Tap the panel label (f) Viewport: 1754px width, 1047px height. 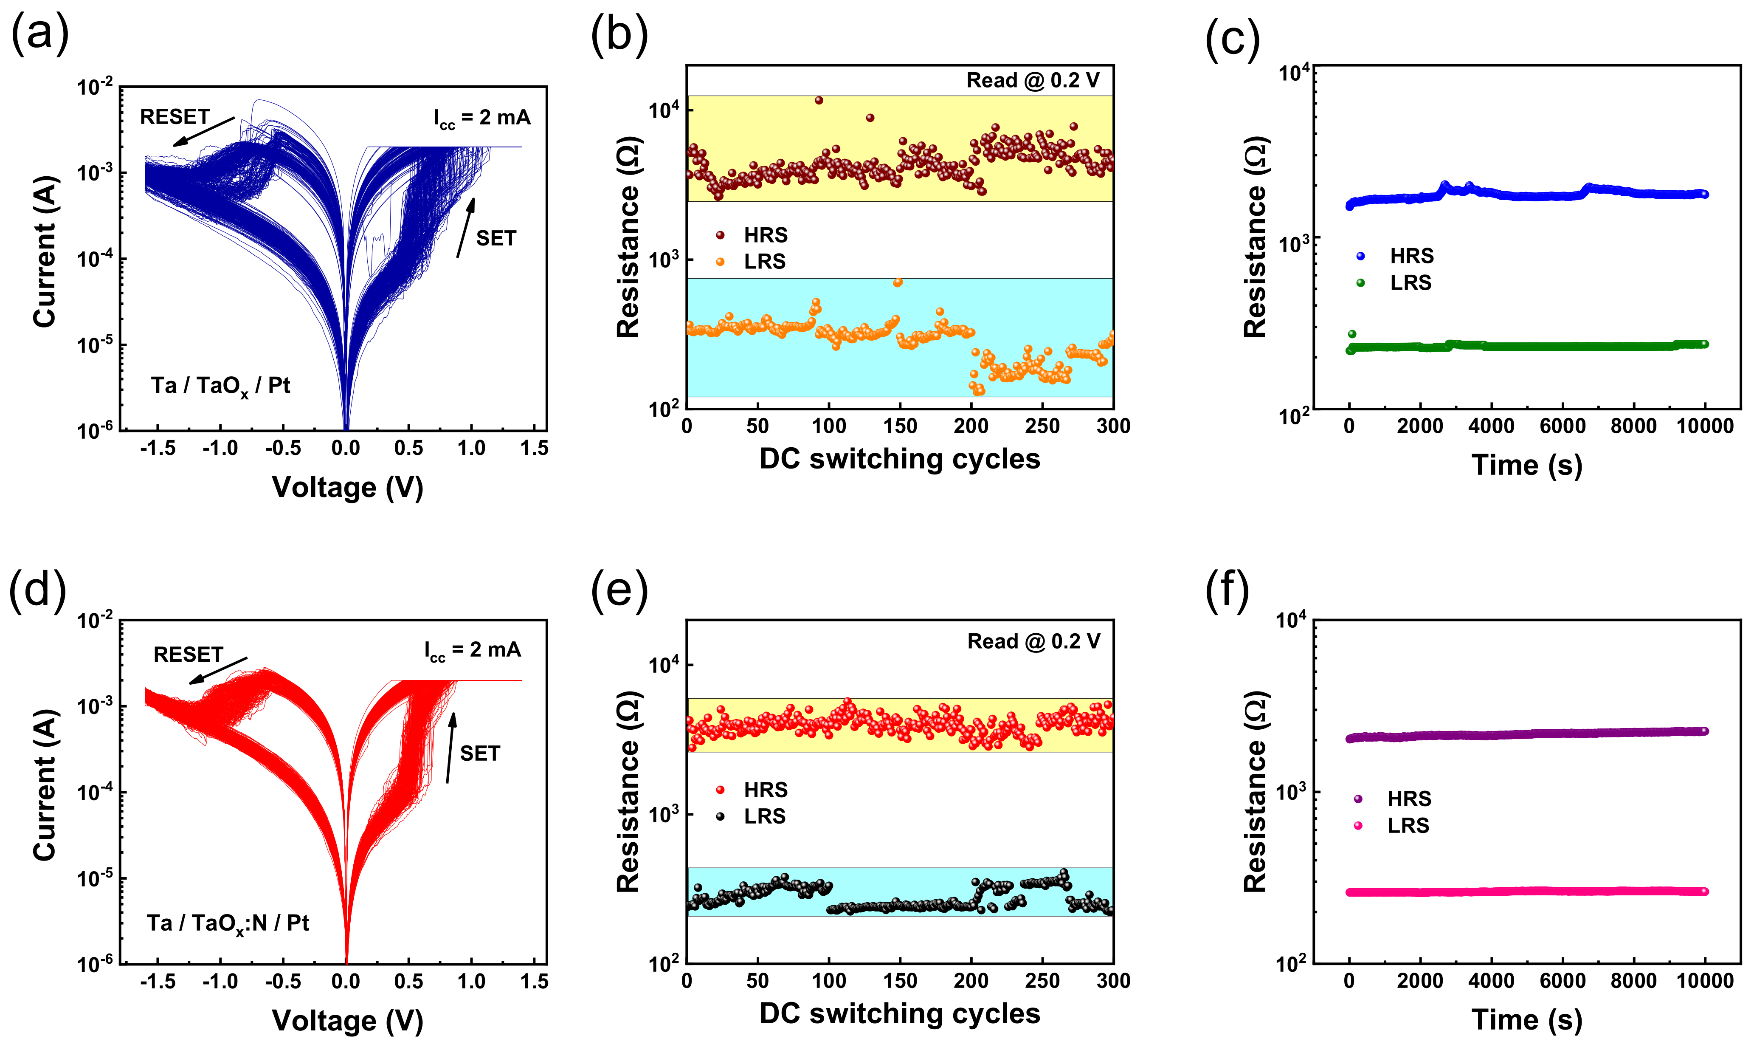pos(1227,589)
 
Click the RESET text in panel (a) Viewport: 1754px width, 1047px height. pos(175,116)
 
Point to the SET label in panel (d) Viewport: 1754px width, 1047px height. pos(480,754)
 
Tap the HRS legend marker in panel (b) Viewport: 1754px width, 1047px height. pos(720,235)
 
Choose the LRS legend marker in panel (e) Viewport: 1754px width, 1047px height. pos(720,816)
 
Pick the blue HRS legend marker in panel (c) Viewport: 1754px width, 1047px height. pos(1360,256)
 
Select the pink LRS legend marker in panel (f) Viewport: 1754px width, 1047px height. pos(1357,825)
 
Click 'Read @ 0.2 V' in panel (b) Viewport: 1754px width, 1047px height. pos(1033,80)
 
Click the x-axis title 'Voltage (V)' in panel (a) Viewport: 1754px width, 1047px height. pos(348,488)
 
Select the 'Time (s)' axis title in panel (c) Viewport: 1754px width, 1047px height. pos(1527,466)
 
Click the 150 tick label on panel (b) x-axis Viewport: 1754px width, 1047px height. pos(900,426)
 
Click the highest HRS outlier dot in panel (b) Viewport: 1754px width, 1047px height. pos(819,100)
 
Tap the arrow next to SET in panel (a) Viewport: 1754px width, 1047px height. pos(465,227)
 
